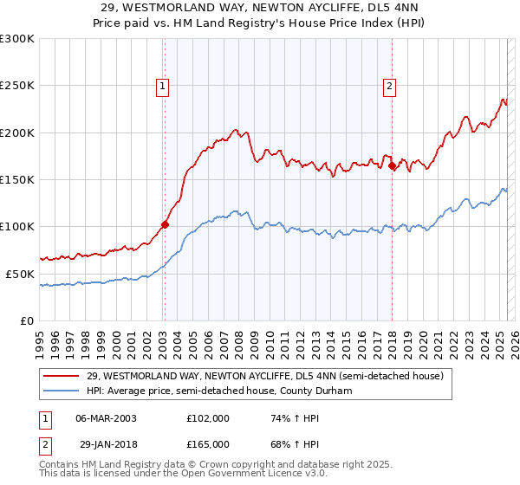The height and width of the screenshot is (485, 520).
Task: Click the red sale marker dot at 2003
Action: (165, 224)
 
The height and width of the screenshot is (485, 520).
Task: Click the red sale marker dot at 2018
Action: (392, 165)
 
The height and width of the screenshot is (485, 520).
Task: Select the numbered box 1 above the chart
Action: (164, 86)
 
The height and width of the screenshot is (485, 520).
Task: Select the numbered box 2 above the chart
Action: (390, 86)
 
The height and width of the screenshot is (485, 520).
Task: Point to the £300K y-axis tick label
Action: (16, 39)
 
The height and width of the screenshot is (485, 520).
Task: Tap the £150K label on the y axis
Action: (16, 179)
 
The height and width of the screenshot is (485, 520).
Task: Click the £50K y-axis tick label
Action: (20, 273)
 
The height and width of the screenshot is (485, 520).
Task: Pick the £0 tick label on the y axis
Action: (26, 320)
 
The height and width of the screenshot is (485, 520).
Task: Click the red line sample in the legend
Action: (61, 376)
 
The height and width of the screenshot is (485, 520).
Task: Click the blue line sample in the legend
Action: (61, 391)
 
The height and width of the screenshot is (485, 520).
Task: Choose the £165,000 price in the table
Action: (208, 444)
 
